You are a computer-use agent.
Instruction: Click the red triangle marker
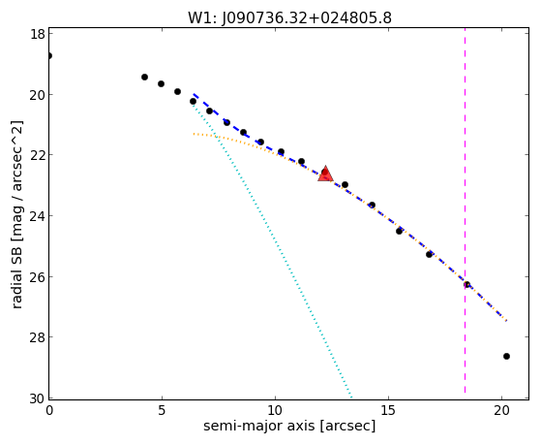(325, 175)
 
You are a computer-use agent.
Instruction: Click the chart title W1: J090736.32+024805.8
(289, 18)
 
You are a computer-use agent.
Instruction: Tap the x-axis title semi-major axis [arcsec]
(289, 426)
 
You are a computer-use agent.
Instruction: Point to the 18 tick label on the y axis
(38, 34)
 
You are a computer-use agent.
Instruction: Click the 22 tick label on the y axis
(38, 154)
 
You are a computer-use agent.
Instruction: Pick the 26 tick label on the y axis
(38, 276)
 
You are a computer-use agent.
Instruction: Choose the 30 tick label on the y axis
(38, 398)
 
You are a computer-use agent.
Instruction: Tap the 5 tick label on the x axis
(162, 410)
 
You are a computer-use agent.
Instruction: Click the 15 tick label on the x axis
(388, 410)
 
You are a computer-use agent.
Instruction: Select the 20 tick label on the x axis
(502, 410)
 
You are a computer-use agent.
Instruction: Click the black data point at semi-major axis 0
(49, 55)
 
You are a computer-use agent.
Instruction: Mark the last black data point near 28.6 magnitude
(506, 356)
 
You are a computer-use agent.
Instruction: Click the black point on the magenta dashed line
(466, 285)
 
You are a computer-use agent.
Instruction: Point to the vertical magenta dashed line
(465, 210)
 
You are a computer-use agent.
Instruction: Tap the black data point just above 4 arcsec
(144, 77)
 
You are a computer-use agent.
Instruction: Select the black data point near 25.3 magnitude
(429, 254)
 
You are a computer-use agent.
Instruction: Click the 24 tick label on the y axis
(38, 215)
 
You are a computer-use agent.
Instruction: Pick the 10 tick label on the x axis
(275, 410)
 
